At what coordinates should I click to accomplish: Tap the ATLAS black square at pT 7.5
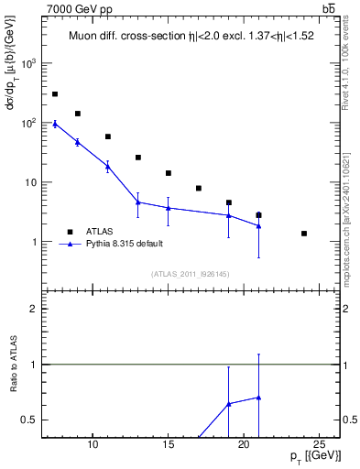55,94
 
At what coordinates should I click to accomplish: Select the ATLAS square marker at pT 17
199,188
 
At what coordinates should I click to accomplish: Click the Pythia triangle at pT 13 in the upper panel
138,202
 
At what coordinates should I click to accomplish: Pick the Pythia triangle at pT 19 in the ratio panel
229,403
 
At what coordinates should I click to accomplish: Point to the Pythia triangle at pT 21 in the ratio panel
259,398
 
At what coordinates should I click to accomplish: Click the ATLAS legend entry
101,232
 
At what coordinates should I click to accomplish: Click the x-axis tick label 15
169,445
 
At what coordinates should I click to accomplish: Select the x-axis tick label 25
319,445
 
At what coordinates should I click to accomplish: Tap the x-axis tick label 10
93,445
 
